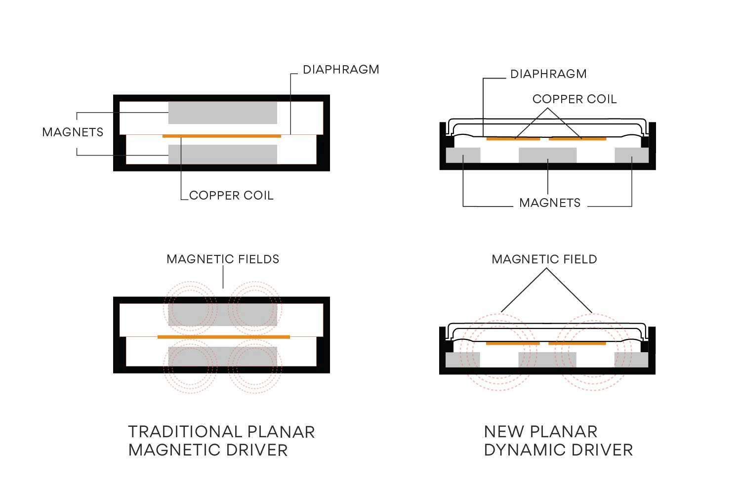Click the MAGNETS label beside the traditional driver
pos(73,132)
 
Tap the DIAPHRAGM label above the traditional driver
pos(341,70)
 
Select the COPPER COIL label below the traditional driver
pos(231,196)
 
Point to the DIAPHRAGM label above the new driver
pos(548,74)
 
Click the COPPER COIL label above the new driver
pos(575,99)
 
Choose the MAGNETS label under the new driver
pos(550,203)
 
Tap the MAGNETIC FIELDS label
pos(223,259)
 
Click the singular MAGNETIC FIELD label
pos(544,259)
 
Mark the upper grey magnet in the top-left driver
pos(222,113)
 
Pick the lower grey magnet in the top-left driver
pos(222,154)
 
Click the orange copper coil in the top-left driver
pos(222,136)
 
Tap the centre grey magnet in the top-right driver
pos(547,155)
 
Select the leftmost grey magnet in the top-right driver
pos(463,155)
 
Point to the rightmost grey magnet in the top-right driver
pos(631,155)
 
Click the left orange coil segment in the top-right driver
pos(513,139)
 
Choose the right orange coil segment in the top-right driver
pos(577,139)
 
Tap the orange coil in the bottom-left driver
pos(223,337)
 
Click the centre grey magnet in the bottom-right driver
pos(547,359)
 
